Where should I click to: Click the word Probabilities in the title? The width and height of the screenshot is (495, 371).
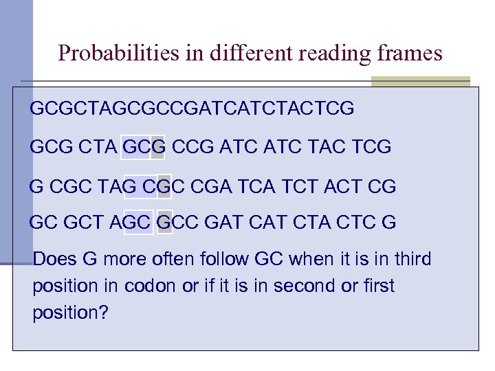119,53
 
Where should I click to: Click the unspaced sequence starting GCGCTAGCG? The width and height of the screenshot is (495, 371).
192,109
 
